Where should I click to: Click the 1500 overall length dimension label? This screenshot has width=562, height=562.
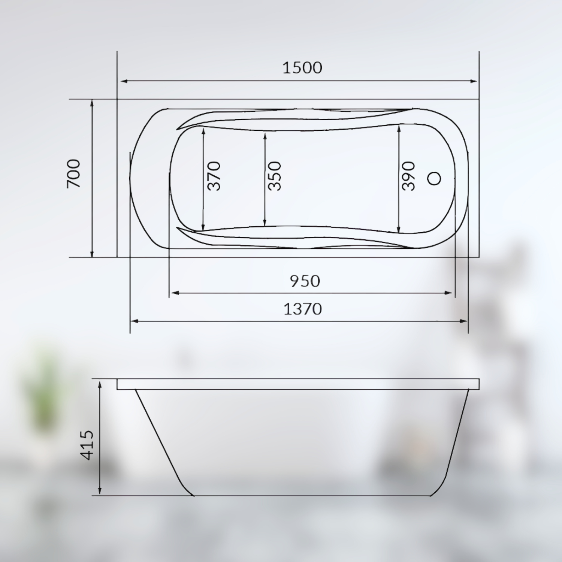tap(302, 68)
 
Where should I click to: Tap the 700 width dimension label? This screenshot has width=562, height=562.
tap(74, 173)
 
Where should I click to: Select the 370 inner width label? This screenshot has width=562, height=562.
tap(214, 176)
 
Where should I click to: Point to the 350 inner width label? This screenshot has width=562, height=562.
tap(275, 176)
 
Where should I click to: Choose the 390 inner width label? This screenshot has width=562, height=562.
tap(408, 176)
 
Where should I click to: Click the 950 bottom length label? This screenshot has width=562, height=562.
tap(305, 281)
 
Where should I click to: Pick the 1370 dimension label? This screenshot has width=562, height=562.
tap(302, 309)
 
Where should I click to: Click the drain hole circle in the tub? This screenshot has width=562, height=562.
tap(434, 179)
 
